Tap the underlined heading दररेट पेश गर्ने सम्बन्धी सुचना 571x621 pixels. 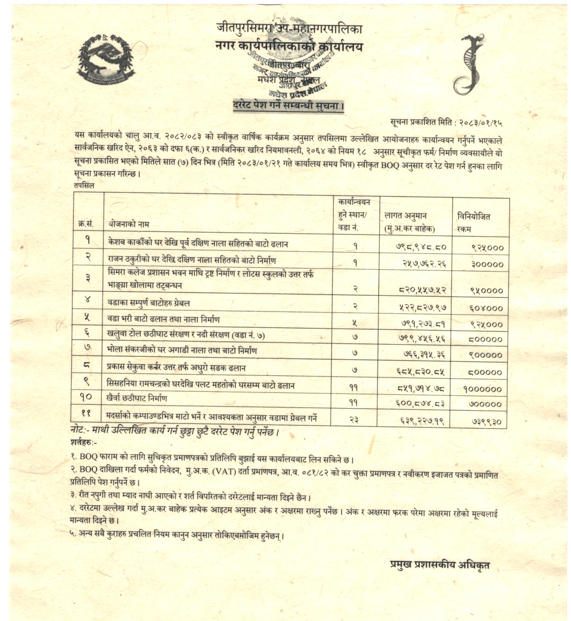[288, 107]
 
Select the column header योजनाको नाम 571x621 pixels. [128, 224]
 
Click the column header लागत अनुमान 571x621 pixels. [405, 216]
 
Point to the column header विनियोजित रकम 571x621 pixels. [473, 223]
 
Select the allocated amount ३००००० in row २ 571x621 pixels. [487, 264]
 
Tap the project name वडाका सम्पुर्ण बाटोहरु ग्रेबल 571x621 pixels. [149, 303]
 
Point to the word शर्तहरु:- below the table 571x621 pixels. [84, 443]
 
